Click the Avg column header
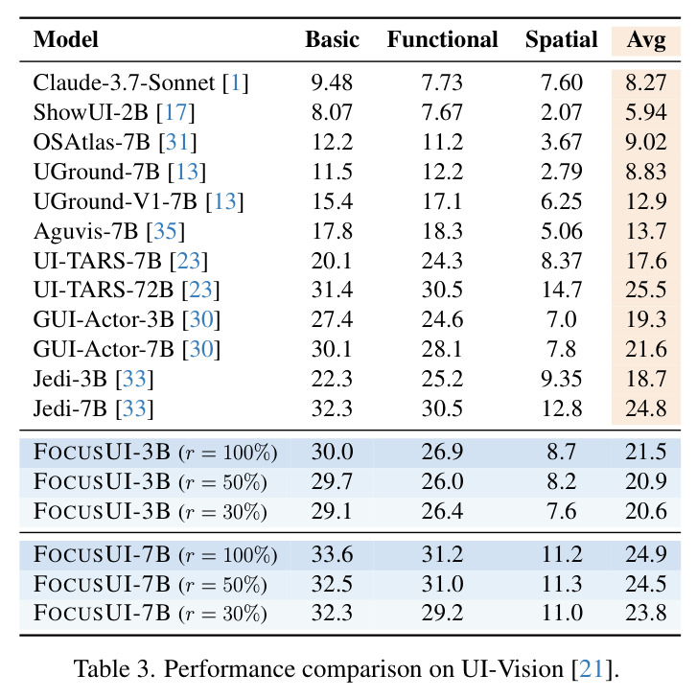(x=646, y=40)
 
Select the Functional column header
(x=442, y=39)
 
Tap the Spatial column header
(x=561, y=40)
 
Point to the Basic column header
(x=332, y=39)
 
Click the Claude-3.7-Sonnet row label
(x=141, y=82)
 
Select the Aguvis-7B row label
(x=109, y=231)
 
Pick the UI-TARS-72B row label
(x=127, y=290)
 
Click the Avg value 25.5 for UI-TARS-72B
(x=646, y=290)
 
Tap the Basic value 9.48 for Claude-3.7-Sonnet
(x=332, y=82)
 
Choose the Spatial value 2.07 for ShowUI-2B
(x=561, y=112)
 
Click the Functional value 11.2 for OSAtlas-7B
(x=442, y=142)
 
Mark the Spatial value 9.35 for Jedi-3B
(x=561, y=379)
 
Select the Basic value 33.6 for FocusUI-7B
(x=332, y=554)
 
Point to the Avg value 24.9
(x=646, y=554)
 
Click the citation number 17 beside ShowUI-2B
(x=176, y=112)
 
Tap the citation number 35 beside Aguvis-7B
(x=165, y=231)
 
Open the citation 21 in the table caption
(x=592, y=669)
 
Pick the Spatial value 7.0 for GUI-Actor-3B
(x=561, y=319)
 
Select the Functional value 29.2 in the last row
(x=442, y=613)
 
